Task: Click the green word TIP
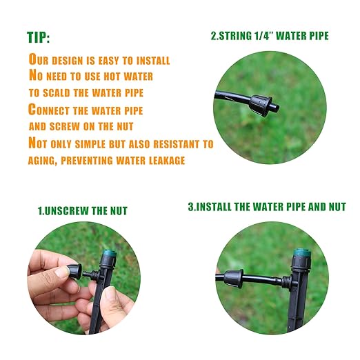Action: pos(39,37)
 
